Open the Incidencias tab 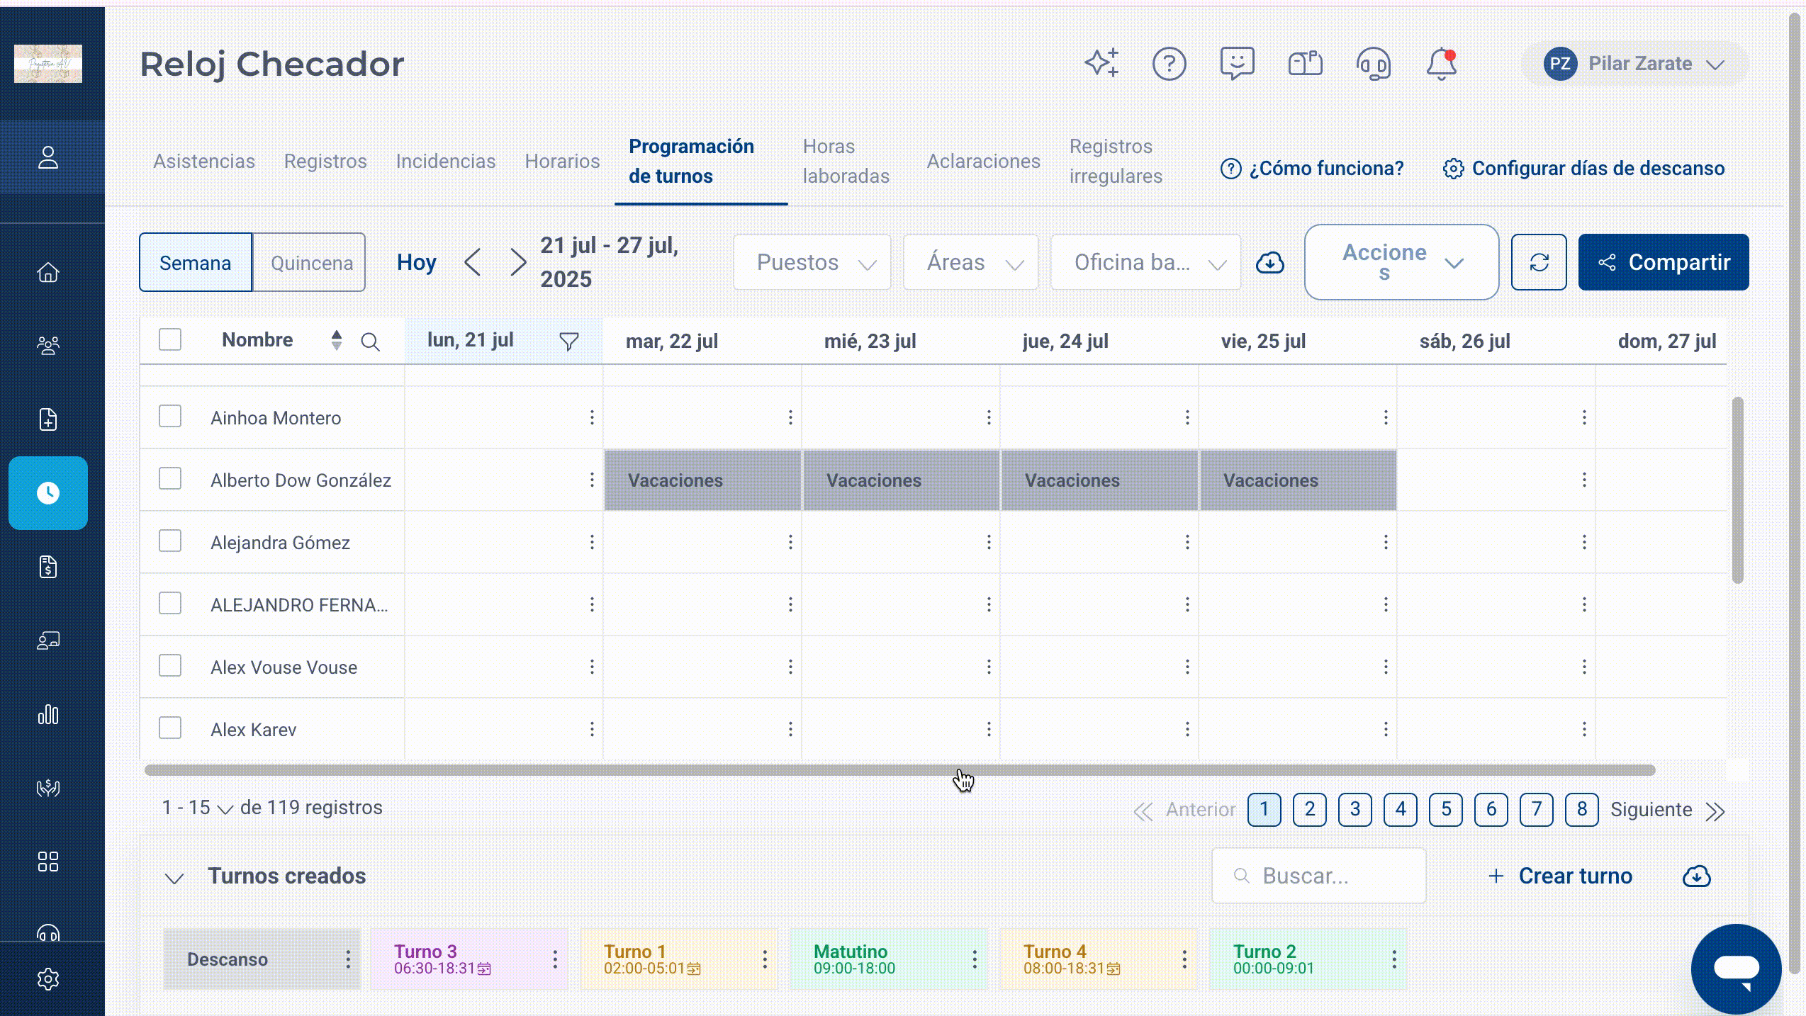(x=445, y=162)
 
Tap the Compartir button (x=1663, y=262)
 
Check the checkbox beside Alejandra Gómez (x=170, y=541)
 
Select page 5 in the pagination (x=1445, y=809)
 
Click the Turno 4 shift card (x=1098, y=959)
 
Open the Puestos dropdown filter (x=812, y=262)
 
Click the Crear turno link (x=1559, y=876)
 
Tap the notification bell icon (x=1441, y=64)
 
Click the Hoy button (x=416, y=263)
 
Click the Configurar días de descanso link (x=1583, y=169)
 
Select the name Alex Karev (x=253, y=730)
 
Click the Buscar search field (x=1318, y=876)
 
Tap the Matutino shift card (x=888, y=959)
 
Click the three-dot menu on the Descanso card (x=348, y=959)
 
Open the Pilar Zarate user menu (x=1634, y=64)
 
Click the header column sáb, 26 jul (x=1464, y=342)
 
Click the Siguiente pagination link (x=1651, y=810)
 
